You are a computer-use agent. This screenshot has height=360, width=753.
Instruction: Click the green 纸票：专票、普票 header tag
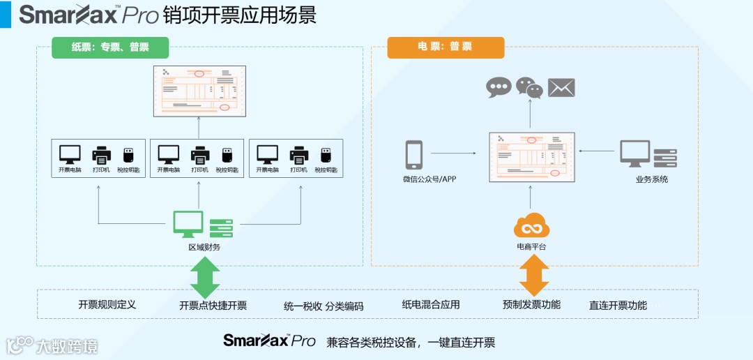[110, 47]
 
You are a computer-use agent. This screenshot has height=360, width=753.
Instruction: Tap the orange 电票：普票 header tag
[446, 47]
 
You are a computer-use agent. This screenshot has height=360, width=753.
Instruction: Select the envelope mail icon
[561, 87]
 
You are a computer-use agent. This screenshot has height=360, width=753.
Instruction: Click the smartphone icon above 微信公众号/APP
[414, 155]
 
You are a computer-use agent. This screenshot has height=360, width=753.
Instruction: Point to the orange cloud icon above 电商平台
[532, 227]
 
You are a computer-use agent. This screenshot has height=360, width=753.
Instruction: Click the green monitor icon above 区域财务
[188, 224]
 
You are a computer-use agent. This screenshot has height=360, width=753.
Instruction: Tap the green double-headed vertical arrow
[205, 277]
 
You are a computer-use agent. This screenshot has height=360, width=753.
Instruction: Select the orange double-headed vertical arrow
[534, 276]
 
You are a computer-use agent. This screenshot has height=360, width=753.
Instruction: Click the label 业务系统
[651, 179]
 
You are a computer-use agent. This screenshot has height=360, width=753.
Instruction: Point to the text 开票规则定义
[107, 304]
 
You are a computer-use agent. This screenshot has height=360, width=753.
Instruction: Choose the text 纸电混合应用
[431, 304]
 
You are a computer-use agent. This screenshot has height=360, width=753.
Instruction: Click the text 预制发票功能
[531, 304]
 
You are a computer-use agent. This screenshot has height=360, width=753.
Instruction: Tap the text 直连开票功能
[618, 305]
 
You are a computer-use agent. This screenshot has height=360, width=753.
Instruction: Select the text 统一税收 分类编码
[324, 306]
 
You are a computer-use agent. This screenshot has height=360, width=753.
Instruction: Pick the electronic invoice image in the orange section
[528, 158]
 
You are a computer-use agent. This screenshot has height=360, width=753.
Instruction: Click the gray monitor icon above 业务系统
[635, 153]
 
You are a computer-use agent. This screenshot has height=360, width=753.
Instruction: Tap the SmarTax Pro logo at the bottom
[269, 341]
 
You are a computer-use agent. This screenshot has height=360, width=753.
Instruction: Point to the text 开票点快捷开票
[213, 305]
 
